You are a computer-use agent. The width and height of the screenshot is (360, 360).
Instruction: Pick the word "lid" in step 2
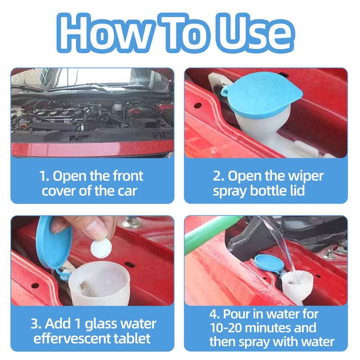297,190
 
